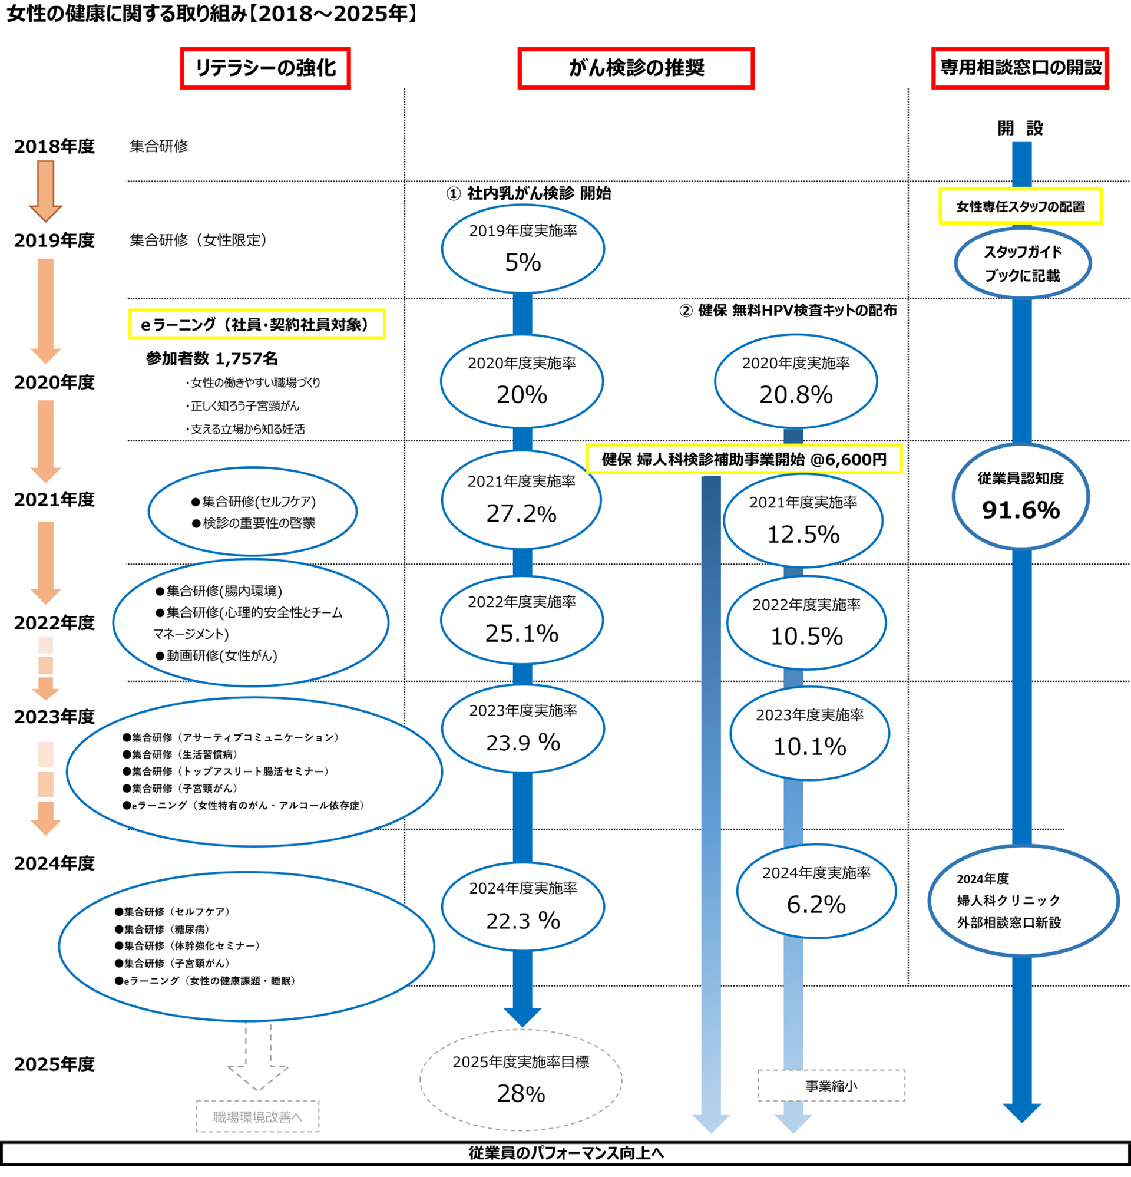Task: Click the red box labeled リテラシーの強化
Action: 264,68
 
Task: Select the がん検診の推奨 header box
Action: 635,68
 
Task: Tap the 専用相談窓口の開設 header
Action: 1019,68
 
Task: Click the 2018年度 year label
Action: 54,147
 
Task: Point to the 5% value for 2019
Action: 522,262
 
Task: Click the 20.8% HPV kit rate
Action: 795,394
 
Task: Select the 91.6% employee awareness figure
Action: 1020,510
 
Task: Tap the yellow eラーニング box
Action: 256,324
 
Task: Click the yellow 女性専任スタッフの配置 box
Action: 1020,206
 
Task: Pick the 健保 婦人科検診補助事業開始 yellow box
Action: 743,459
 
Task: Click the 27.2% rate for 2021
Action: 521,513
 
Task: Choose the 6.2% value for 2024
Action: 816,904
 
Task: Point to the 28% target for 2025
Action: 521,1093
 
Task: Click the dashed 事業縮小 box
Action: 831,1086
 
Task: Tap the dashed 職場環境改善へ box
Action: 257,1117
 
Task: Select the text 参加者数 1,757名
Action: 211,358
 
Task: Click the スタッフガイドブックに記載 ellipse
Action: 1022,263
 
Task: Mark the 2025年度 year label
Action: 54,1064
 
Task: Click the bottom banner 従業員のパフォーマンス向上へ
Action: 565,1153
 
